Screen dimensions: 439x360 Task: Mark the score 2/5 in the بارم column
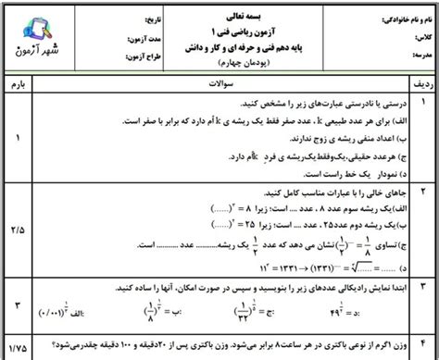point(20,224)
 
